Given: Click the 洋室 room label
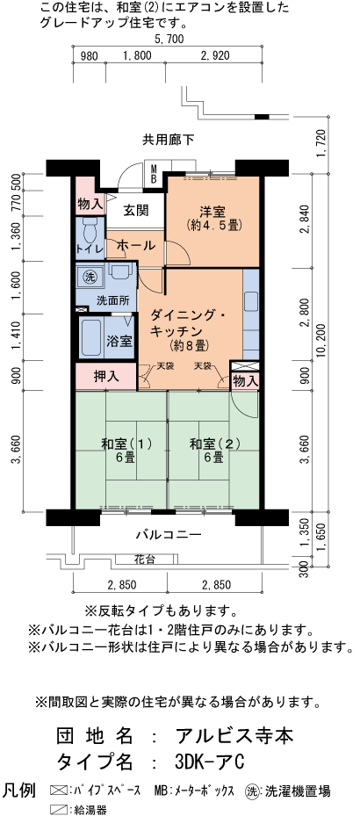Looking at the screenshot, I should [x=213, y=211].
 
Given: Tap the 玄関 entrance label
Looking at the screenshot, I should [x=135, y=210].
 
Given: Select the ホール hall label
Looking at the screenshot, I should [x=135, y=245].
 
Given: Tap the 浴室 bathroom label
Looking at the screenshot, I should [x=119, y=340].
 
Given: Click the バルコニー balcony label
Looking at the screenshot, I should [x=168, y=534].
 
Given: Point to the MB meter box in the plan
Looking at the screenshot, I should [x=153, y=173].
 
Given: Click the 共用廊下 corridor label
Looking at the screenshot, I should [x=169, y=139].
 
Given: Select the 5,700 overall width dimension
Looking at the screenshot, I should [x=168, y=40].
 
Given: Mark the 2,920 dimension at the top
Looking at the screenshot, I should [x=214, y=55].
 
